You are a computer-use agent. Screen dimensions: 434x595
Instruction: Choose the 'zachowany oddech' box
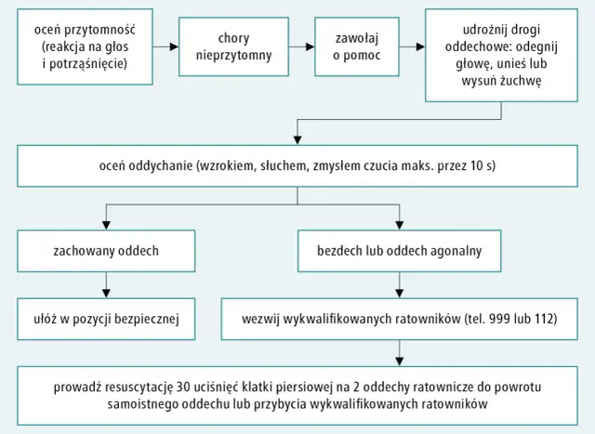click(x=108, y=250)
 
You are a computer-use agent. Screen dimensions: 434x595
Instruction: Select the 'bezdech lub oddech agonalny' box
click(x=400, y=250)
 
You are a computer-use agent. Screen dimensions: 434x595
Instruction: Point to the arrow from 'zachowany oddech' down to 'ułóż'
click(x=108, y=284)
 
